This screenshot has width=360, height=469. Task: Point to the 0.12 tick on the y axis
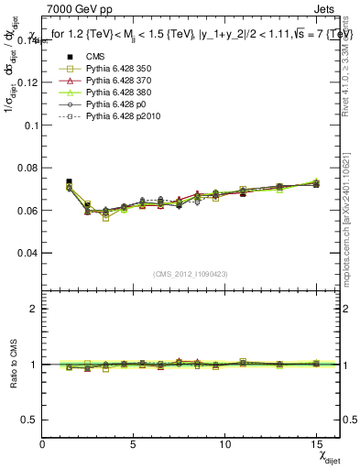coord(27,82)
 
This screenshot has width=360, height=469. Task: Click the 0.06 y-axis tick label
coord(27,210)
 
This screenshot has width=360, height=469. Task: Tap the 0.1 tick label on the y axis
coord(30,125)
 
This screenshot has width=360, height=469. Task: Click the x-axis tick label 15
coord(315,443)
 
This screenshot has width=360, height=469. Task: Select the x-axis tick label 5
coord(134,443)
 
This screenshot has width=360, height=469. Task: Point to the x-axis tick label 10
coord(224,443)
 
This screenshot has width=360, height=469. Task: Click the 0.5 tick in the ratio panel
coord(29,420)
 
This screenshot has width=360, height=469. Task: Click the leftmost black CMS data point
coord(69,182)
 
